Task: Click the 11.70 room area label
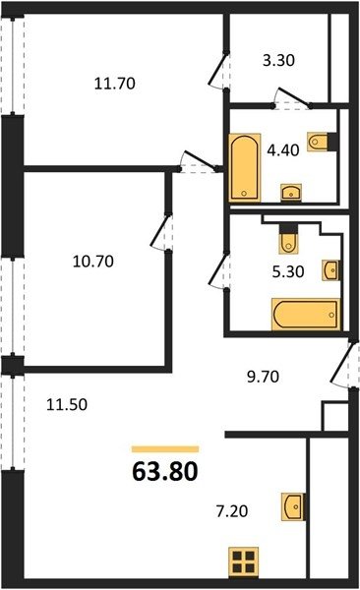[114, 84]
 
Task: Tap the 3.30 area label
[278, 60]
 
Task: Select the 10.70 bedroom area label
[93, 262]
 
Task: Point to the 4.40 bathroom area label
[283, 150]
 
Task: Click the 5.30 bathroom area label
[288, 271]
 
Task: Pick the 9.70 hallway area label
[264, 377]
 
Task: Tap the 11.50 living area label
[67, 404]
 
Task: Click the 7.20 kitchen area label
[232, 511]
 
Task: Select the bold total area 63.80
[165, 471]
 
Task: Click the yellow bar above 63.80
[165, 449]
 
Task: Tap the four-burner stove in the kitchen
[244, 561]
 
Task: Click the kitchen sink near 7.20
[293, 506]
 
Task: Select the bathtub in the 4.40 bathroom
[245, 167]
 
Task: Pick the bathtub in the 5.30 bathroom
[306, 315]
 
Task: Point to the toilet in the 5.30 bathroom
[288, 239]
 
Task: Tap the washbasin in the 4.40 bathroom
[291, 193]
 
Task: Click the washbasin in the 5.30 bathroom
[331, 270]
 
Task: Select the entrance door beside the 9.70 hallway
[343, 364]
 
